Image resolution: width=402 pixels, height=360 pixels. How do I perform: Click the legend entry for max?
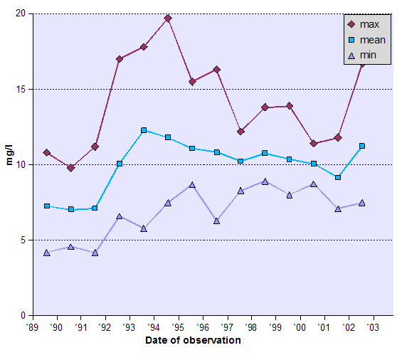tap(366, 24)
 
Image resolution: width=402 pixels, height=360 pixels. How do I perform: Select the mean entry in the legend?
tap(366, 40)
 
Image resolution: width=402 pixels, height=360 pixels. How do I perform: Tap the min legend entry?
tap(366, 55)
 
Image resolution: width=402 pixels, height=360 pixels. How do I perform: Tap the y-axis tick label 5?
tap(23, 240)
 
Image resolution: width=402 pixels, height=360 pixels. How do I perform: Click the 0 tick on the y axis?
tap(23, 315)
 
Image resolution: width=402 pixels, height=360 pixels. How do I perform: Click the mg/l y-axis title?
tap(9, 165)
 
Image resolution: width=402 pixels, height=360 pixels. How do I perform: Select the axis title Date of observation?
tap(193, 341)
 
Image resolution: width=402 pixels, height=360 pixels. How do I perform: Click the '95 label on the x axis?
tap(179, 327)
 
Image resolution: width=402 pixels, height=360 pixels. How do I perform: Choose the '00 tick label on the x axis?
tap(301, 327)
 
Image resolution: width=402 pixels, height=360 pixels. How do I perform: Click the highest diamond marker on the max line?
tap(168, 18)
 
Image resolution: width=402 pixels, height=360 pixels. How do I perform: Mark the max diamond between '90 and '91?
tap(71, 168)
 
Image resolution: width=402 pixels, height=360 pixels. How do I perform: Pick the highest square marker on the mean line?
tap(144, 130)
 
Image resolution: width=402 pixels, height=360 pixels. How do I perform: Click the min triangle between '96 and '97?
tap(216, 221)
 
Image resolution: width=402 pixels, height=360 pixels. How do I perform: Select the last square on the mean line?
tap(362, 146)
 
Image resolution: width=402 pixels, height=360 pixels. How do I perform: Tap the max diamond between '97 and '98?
tap(241, 132)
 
